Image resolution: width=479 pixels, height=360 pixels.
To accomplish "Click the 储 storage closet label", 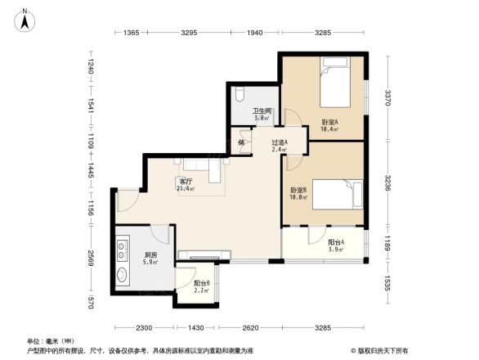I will [x=242, y=142].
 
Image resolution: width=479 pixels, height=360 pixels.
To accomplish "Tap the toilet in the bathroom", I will [x=239, y=94].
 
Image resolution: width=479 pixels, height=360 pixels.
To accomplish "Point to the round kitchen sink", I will [x=123, y=274].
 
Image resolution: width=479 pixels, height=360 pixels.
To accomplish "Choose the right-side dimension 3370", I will [x=389, y=98].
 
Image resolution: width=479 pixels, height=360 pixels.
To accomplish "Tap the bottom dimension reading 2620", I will [x=252, y=327].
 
